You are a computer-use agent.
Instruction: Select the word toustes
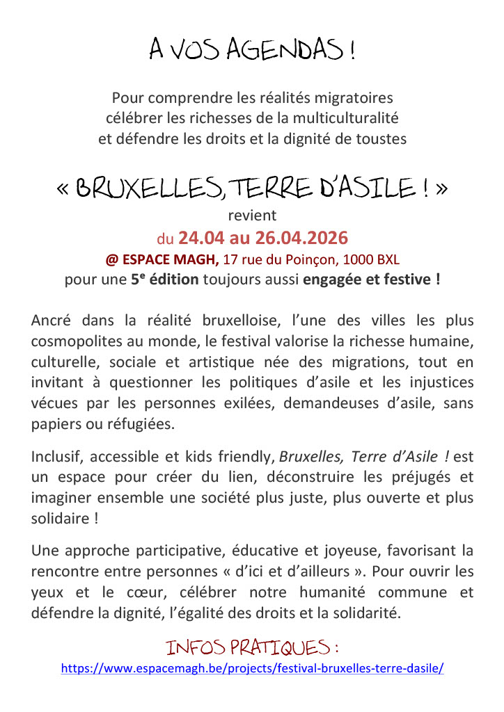382,138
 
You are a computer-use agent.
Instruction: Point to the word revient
252,216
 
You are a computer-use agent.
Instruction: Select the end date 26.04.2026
301,238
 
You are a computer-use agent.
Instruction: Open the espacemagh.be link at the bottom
252,668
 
